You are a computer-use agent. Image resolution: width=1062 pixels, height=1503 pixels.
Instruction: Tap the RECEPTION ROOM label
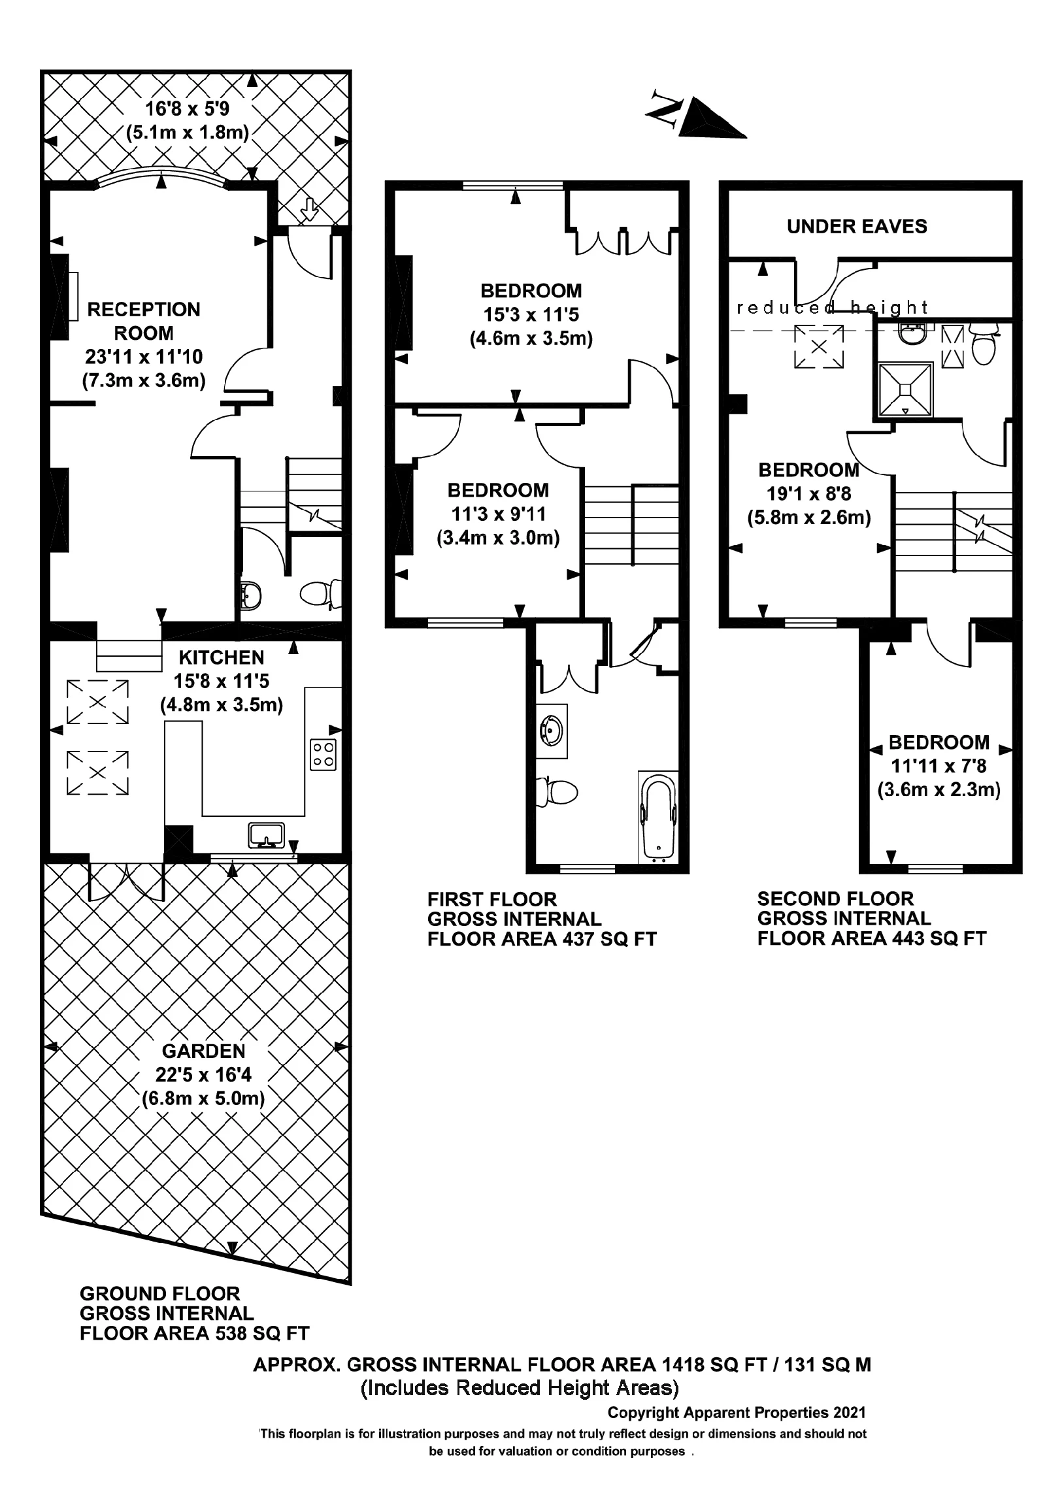[143, 321]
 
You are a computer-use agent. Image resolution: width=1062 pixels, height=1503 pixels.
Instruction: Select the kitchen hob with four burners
[323, 754]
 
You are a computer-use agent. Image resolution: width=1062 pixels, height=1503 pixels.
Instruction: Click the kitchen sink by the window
[267, 835]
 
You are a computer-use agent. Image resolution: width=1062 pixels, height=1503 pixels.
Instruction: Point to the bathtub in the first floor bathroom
[658, 818]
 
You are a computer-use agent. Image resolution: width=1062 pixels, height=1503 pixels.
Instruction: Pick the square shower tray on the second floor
[906, 389]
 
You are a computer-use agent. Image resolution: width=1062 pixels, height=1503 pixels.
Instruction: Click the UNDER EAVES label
[856, 227]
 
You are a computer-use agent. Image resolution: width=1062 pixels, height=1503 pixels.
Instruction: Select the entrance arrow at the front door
[310, 210]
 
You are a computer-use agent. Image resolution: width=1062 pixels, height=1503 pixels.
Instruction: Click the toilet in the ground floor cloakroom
[319, 594]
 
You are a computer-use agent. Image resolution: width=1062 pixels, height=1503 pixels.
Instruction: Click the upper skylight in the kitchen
[97, 702]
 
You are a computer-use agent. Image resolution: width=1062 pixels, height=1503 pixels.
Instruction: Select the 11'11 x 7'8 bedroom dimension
[938, 766]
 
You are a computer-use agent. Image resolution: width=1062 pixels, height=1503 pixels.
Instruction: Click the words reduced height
[832, 308]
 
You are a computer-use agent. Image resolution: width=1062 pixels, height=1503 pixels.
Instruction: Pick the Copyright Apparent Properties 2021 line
[737, 1413]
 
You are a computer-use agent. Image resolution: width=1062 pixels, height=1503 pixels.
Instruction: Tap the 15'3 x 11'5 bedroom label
[531, 315]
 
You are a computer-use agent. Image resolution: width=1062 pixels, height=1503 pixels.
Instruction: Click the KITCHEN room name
[222, 657]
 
